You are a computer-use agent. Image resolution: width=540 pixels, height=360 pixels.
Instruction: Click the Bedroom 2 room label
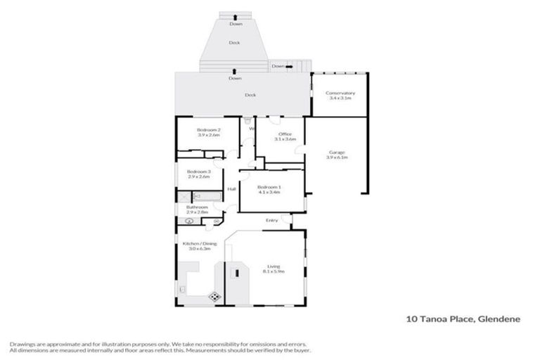[209, 130]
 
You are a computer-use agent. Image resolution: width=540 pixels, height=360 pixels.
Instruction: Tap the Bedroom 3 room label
[199, 172]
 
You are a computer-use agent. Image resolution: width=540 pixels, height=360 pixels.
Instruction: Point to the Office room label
[285, 134]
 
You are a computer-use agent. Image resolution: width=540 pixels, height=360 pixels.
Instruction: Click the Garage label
[337, 153]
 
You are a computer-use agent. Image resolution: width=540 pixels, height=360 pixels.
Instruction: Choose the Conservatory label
[340, 93]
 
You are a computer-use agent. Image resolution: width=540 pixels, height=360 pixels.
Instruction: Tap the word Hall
[231, 189]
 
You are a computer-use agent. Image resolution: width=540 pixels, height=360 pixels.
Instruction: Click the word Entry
[272, 221]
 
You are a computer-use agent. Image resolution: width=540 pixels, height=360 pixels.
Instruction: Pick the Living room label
[273, 266]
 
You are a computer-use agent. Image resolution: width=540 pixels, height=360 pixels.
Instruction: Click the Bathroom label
[198, 207]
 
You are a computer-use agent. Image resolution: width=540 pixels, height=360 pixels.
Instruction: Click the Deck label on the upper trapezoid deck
[234, 42]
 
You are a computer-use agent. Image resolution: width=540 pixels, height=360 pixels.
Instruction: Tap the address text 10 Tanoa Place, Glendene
[463, 319]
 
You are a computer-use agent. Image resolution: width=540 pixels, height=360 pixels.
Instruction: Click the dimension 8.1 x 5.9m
[273, 271]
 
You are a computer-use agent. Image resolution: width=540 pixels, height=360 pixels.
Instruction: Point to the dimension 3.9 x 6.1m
[337, 158]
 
